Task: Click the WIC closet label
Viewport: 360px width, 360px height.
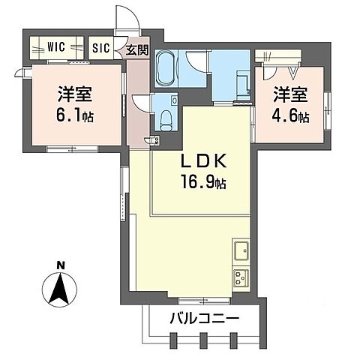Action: pos(57,46)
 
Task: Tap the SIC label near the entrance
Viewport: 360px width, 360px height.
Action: pos(100,47)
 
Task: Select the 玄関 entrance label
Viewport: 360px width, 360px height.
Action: pos(136,50)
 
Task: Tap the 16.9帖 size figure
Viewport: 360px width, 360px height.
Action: pos(201,183)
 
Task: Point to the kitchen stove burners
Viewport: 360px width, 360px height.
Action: pos(241,278)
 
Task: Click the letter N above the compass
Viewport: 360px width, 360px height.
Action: pos(59,263)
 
